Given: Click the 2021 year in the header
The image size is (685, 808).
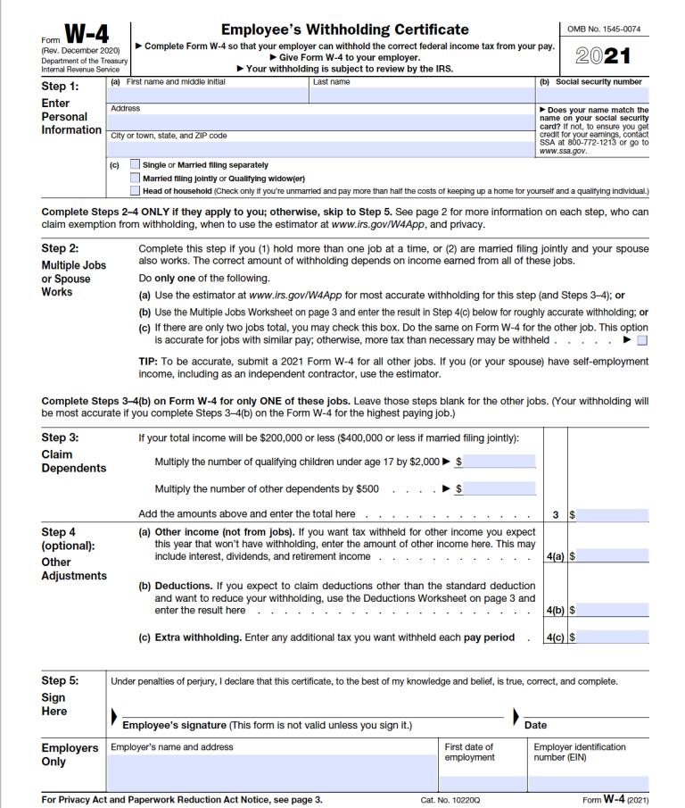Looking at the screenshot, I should pyautogui.click(x=603, y=56).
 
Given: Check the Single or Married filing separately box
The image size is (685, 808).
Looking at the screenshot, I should pyautogui.click(x=135, y=164).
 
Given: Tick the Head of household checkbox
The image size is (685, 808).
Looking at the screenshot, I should pyautogui.click(x=135, y=190).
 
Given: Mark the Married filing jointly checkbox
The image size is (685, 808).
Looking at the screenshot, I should pyautogui.click(x=135, y=178).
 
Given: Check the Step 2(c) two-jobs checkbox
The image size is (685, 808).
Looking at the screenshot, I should pyautogui.click(x=642, y=340).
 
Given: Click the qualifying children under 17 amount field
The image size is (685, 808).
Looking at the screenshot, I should pyautogui.click(x=499, y=462).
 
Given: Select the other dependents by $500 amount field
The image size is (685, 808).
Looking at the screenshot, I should pyautogui.click(x=499, y=488).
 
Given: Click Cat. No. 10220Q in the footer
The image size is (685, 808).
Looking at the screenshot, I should pyautogui.click(x=450, y=800).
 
